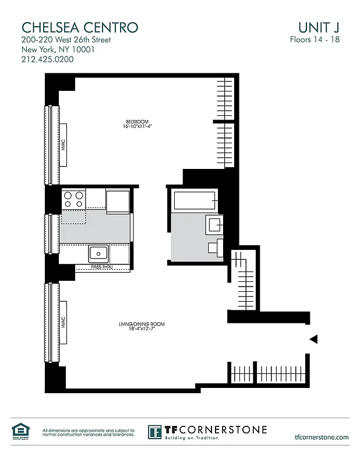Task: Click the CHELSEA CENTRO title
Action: pyautogui.click(x=80, y=27)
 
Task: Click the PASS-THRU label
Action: pyautogui.click(x=102, y=267)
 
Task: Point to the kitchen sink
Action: pyautogui.click(x=98, y=253)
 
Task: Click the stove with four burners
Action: pyautogui.click(x=74, y=200)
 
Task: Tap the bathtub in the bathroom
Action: pyautogui.click(x=194, y=202)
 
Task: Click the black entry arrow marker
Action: pyautogui.click(x=313, y=339)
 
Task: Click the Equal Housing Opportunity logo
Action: pyautogui.click(x=19, y=431)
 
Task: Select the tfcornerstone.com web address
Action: pyautogui.click(x=322, y=437)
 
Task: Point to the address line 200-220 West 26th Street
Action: pyautogui.click(x=66, y=40)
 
